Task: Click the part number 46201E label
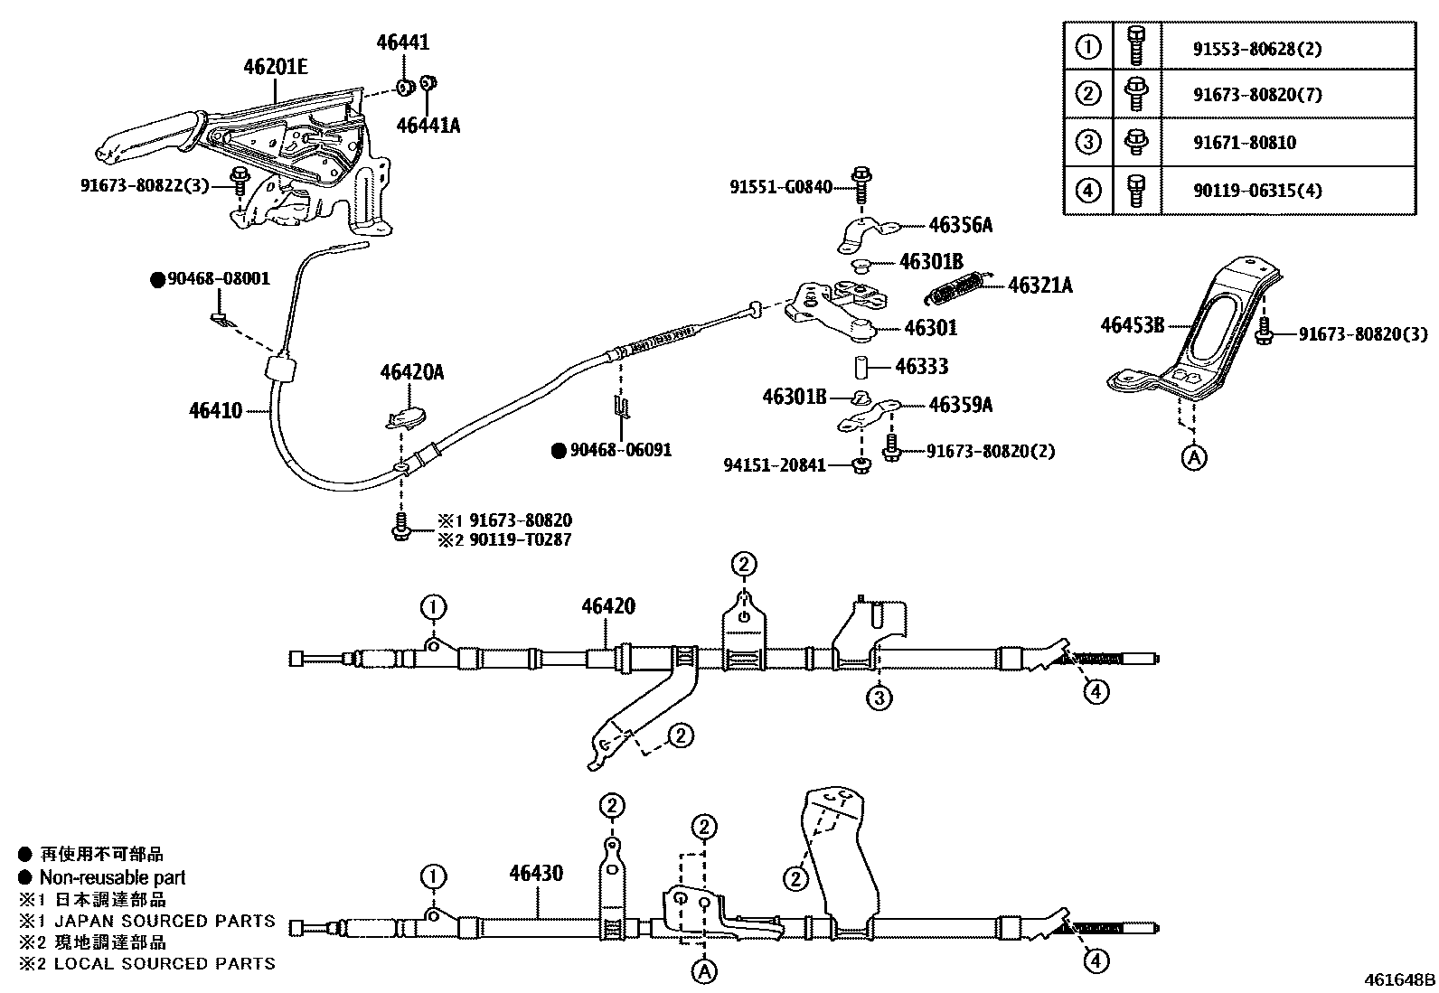[x=275, y=66]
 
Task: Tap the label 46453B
[x=1132, y=324]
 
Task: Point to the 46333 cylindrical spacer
[x=861, y=367]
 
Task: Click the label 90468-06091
[x=620, y=449]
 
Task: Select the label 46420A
[x=412, y=372]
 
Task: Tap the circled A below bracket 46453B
[x=1194, y=458]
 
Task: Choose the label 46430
[x=536, y=873]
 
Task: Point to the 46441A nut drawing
[x=430, y=83]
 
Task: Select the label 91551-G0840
[x=781, y=187]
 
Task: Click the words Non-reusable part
[x=112, y=877]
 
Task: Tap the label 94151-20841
[x=775, y=465]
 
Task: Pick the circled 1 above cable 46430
[x=434, y=876]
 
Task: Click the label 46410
[x=215, y=411]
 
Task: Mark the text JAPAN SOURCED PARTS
[x=165, y=921]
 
